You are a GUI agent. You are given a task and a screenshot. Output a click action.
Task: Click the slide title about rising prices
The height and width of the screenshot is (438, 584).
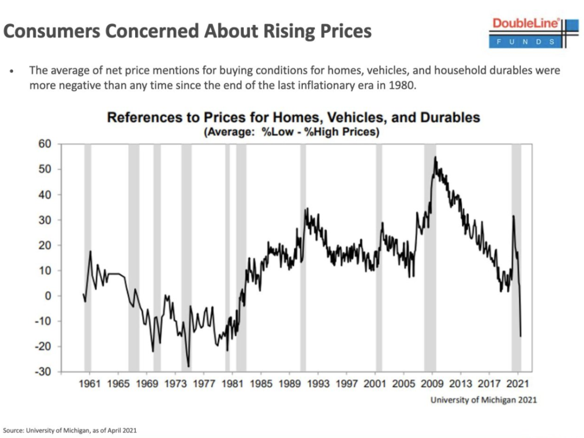coord(187,31)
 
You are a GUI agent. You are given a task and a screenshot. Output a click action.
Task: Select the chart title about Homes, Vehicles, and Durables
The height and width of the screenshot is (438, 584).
coord(294,117)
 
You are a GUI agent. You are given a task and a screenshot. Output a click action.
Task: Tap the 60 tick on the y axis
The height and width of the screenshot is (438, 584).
coord(44,144)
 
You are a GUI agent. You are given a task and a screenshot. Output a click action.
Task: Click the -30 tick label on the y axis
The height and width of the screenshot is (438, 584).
coord(43,372)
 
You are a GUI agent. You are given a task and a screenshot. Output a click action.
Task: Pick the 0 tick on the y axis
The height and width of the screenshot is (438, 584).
coord(48,296)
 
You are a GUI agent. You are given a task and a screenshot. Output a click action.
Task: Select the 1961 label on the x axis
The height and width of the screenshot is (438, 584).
coord(90,384)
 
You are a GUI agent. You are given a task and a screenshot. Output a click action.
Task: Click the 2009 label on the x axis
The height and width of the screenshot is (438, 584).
coord(432,384)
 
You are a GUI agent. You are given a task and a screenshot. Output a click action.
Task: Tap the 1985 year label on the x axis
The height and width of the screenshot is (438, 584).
coord(261,384)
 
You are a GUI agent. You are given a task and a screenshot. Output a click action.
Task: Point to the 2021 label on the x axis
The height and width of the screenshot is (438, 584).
coord(517,384)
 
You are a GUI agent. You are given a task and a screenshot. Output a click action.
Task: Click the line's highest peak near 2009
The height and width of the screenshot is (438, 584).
coord(435,157)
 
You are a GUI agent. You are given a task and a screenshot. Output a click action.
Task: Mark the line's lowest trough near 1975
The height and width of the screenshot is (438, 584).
coord(189,367)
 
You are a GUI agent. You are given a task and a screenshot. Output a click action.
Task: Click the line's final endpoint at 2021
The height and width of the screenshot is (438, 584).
coord(521,336)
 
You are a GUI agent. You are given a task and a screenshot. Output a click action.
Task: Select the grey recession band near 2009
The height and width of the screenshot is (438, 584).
coord(430,260)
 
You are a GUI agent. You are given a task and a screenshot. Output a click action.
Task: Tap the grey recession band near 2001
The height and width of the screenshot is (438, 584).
coord(379,260)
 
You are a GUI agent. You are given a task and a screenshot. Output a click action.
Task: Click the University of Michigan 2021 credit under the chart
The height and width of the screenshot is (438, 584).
coord(483,400)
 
